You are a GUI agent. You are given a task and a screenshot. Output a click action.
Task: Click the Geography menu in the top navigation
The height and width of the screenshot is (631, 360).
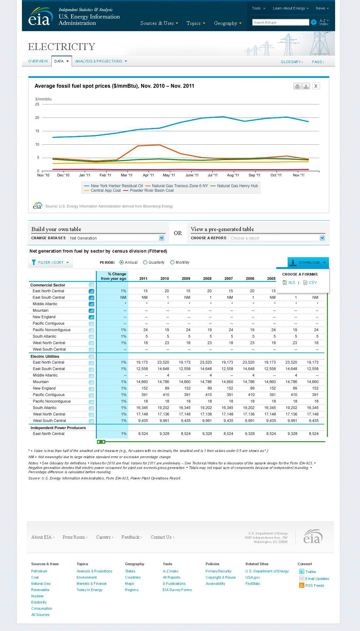pos(227,23)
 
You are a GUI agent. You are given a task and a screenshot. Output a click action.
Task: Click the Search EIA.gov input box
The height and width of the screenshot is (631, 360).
pos(280,22)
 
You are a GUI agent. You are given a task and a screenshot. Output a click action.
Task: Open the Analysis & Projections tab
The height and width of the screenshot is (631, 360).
pos(101,61)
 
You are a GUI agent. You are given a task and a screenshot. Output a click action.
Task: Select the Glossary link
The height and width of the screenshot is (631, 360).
pos(292,62)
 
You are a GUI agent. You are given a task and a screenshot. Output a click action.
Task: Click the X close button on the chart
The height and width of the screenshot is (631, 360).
pos(315,86)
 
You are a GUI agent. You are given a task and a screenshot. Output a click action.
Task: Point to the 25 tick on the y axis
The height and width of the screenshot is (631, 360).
pos(37,104)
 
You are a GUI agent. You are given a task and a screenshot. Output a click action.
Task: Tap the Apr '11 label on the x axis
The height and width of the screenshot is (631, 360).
pos(148,175)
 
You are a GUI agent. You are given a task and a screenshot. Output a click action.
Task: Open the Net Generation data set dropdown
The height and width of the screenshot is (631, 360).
pos(116,238)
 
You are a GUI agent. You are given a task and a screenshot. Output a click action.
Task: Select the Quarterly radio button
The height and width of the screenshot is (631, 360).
pos(145,262)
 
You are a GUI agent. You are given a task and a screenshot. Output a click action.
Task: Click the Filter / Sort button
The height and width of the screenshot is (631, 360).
pos(50,262)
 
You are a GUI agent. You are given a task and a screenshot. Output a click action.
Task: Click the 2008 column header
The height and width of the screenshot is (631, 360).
pos(207,279)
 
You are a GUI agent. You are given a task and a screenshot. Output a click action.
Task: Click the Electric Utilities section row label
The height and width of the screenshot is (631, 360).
pos(45,356)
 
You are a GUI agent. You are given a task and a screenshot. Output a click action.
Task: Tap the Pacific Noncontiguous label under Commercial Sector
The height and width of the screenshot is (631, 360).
pos(51,330)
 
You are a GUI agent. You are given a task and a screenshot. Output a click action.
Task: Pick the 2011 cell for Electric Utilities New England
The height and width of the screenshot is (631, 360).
pos(143,388)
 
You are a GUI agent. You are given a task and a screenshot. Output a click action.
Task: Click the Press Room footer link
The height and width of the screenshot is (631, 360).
pos(74,537)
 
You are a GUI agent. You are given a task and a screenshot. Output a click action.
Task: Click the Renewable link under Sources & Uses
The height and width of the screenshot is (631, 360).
pos(40,590)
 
